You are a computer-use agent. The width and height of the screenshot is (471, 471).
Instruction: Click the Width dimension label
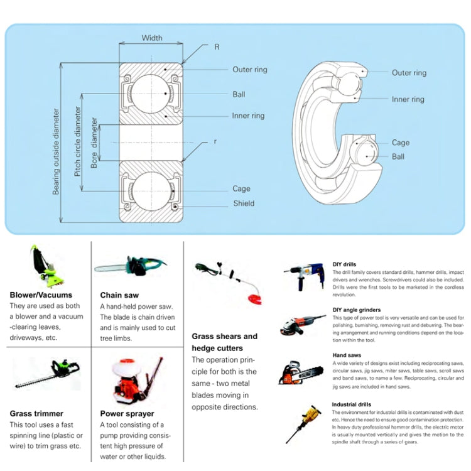pyautogui.click(x=152, y=38)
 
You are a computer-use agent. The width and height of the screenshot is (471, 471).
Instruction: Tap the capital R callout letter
pyautogui.click(x=217, y=46)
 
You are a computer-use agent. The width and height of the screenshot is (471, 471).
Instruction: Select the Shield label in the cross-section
pyautogui.click(x=244, y=203)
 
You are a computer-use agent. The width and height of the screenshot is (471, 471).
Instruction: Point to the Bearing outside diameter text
pyautogui.click(x=56, y=151)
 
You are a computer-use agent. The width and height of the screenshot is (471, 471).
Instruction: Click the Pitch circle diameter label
pyautogui.click(x=78, y=141)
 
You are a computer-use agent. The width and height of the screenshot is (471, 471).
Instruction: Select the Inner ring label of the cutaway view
pyautogui.click(x=408, y=99)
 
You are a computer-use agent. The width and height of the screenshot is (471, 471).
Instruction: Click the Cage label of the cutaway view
pyautogui.click(x=401, y=143)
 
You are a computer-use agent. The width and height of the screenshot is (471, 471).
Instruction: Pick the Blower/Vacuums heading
pyautogui.click(x=41, y=295)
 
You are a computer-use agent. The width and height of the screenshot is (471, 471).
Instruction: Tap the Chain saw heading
pyautogui.click(x=119, y=295)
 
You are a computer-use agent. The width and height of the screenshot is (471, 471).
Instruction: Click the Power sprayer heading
pyautogui.click(x=127, y=413)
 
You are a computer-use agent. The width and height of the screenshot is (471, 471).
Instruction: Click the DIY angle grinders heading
pyautogui.click(x=356, y=310)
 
